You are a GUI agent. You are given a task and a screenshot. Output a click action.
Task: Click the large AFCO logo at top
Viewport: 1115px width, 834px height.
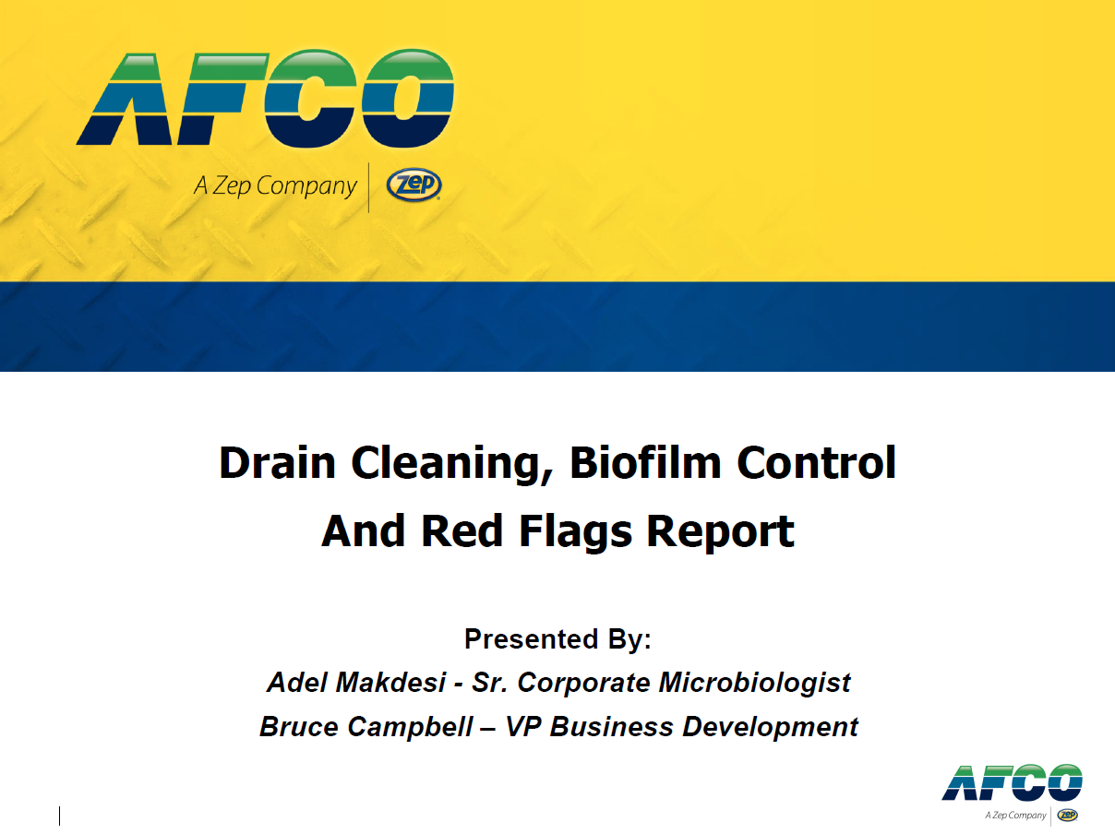point(265,98)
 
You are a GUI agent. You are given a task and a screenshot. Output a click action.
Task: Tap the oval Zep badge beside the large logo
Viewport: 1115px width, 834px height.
point(414,185)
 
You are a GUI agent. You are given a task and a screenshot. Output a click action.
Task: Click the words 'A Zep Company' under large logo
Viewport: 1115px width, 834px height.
point(275,186)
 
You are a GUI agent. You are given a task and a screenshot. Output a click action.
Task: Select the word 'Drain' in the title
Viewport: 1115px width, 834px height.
point(277,462)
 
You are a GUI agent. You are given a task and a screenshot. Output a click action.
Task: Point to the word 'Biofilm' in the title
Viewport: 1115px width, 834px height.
point(645,462)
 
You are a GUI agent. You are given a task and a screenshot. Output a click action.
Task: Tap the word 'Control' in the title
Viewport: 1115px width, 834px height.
point(816,462)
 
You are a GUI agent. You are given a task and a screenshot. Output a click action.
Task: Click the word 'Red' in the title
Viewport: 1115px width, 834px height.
point(462,530)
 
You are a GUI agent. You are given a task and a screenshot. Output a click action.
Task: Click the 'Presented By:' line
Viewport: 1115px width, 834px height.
point(557,638)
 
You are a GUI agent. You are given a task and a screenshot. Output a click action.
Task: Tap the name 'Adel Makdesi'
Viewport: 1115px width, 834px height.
point(356,682)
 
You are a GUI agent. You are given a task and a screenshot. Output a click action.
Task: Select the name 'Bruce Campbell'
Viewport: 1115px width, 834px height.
point(366,726)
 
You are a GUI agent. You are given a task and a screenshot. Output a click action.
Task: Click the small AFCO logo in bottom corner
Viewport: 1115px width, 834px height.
point(1012,792)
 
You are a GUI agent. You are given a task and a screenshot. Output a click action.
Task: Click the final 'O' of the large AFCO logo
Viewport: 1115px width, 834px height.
point(408,98)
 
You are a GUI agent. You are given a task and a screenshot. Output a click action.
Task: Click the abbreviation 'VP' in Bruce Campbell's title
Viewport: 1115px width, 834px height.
point(523,726)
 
